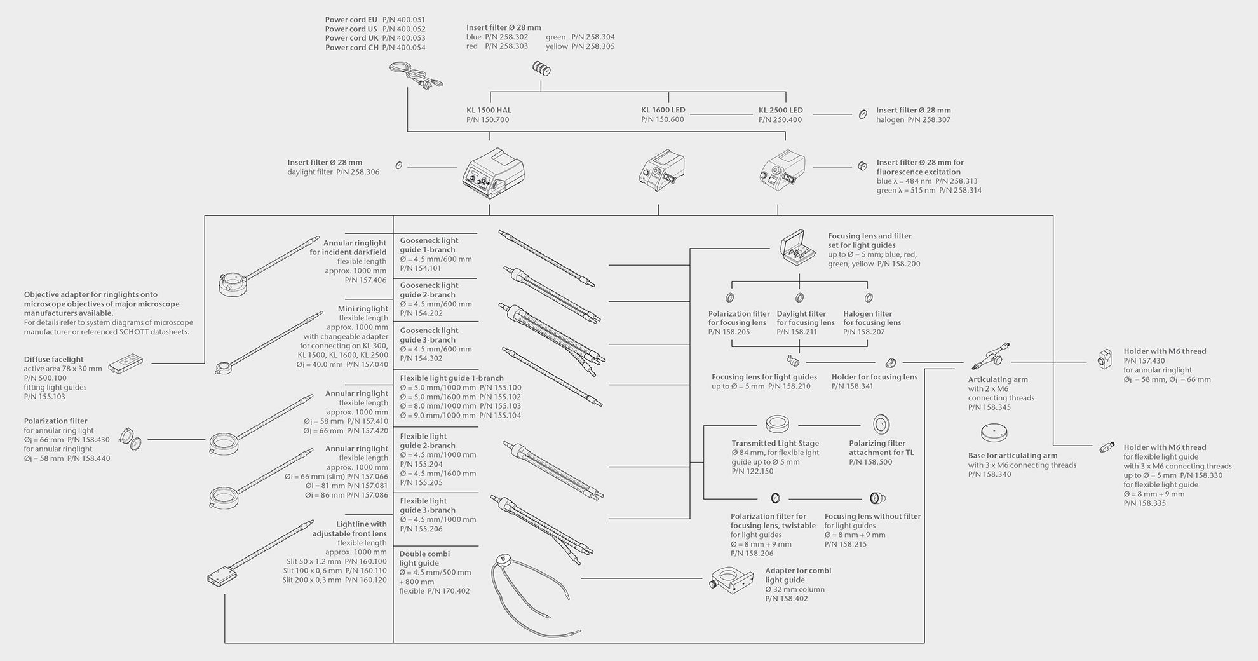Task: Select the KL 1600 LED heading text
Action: (x=663, y=110)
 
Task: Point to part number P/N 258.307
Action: (x=929, y=119)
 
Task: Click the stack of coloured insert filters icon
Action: (x=541, y=68)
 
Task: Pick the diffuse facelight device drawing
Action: (x=125, y=364)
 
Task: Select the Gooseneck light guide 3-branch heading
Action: (x=429, y=335)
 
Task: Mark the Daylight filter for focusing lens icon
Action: (x=800, y=297)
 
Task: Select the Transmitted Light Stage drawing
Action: (x=777, y=423)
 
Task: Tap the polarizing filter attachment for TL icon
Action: (x=881, y=424)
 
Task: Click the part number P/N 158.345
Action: (x=989, y=407)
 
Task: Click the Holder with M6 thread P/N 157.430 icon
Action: (x=1104, y=360)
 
